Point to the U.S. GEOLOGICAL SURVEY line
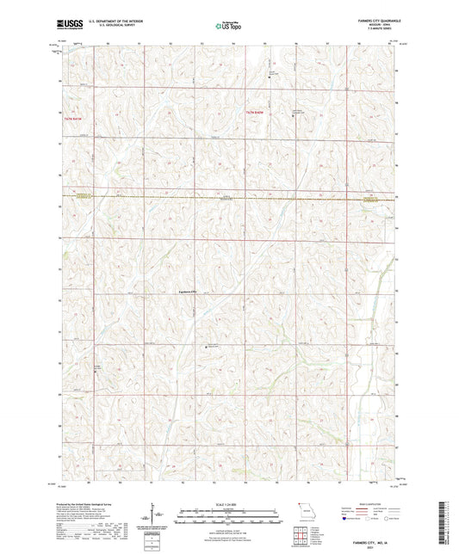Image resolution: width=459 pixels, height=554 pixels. (121, 25)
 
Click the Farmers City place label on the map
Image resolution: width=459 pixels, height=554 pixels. (188, 291)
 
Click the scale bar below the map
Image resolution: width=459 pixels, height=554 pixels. (228, 510)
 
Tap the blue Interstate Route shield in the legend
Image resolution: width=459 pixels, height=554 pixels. (344, 519)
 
